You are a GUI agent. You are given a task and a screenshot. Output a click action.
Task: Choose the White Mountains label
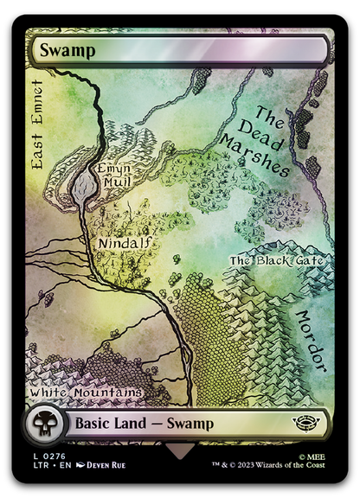coord(86,392)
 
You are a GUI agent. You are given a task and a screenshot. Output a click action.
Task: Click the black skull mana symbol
coord(42,425)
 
